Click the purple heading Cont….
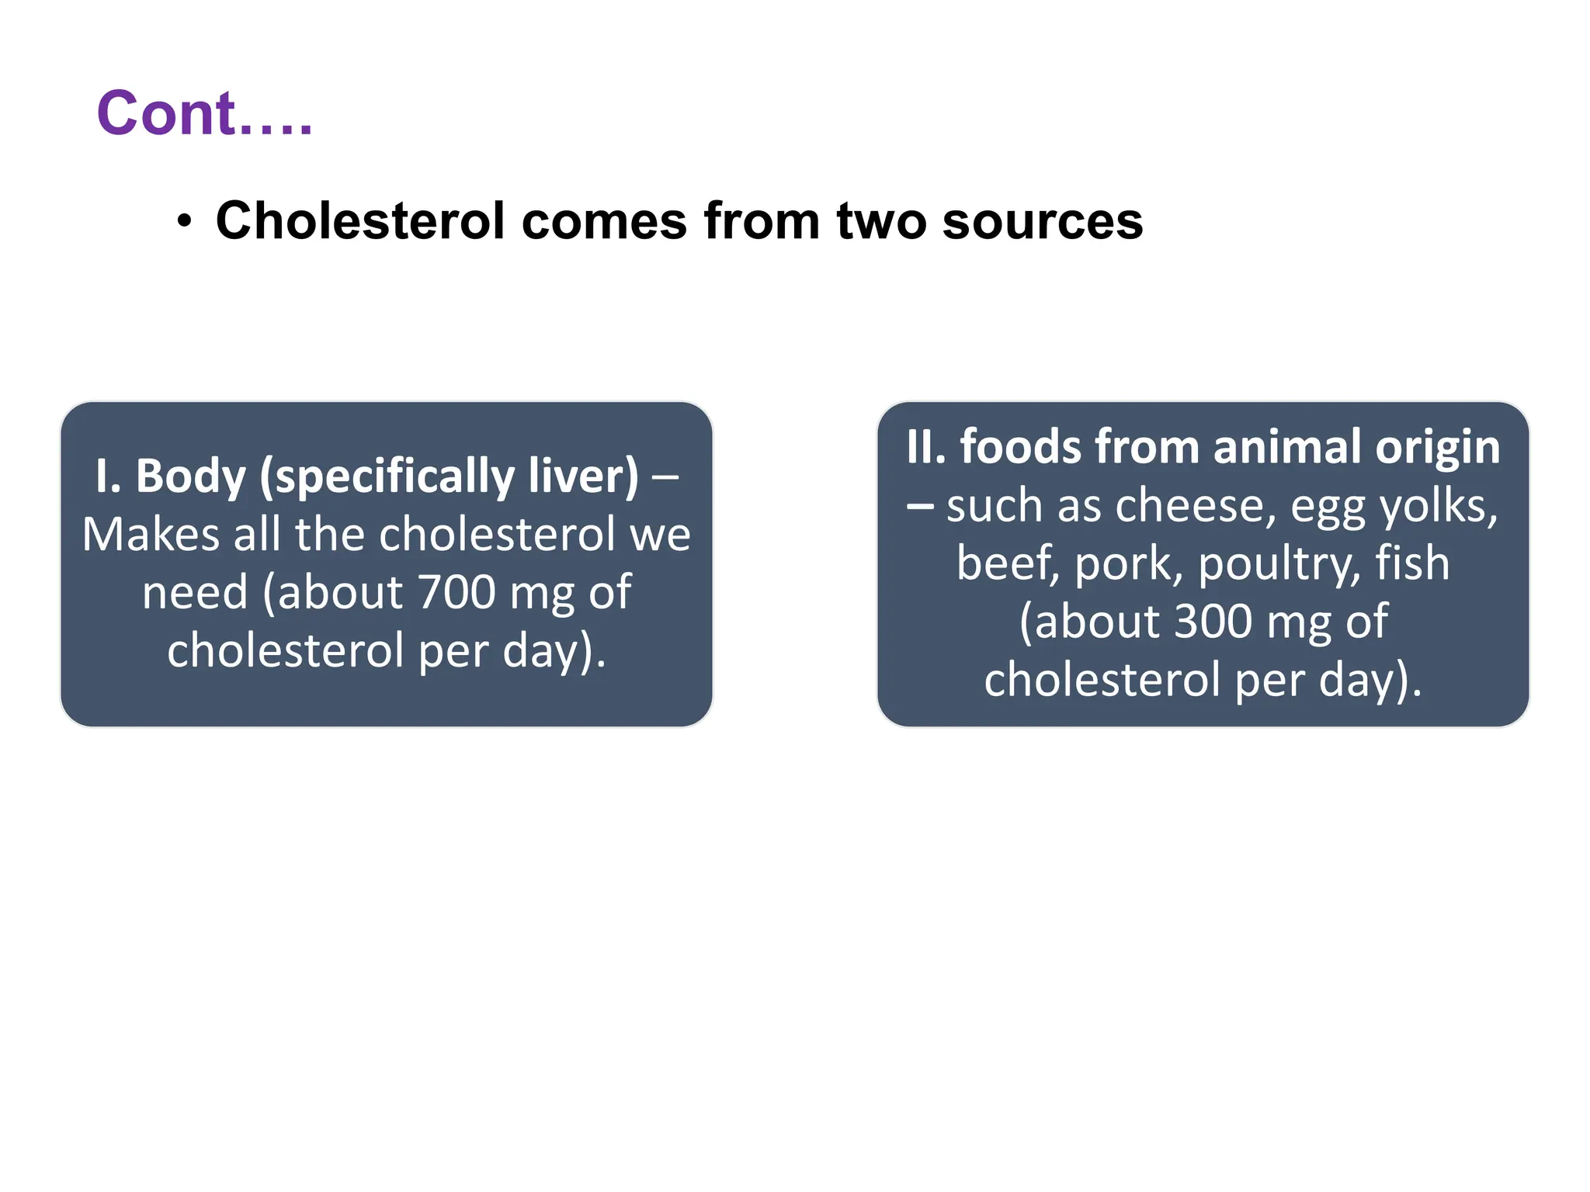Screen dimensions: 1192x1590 (204, 114)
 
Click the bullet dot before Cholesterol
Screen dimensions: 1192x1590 (184, 222)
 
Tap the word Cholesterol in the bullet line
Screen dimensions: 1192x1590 (360, 221)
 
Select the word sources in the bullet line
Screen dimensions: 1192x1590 (1042, 221)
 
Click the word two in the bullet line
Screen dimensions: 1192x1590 (881, 221)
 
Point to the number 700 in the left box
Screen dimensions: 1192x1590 (457, 593)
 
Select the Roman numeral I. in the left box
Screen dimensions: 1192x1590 (108, 476)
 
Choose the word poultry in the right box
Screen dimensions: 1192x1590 (1279, 565)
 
